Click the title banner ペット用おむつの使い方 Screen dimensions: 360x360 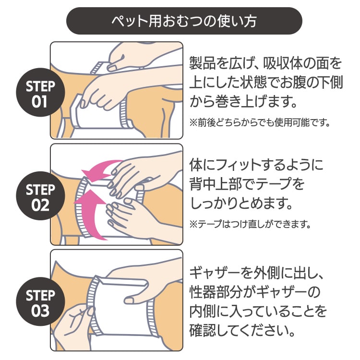point(184,21)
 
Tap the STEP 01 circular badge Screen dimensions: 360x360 point(41,94)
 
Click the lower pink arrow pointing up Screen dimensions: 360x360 point(94,211)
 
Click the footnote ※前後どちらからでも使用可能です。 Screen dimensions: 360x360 point(260,123)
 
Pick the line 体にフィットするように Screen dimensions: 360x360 point(255,166)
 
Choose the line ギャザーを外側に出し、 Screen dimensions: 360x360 point(258,273)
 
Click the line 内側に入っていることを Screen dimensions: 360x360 point(258,312)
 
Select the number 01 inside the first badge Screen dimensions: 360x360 point(41,102)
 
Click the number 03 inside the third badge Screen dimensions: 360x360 point(41,311)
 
